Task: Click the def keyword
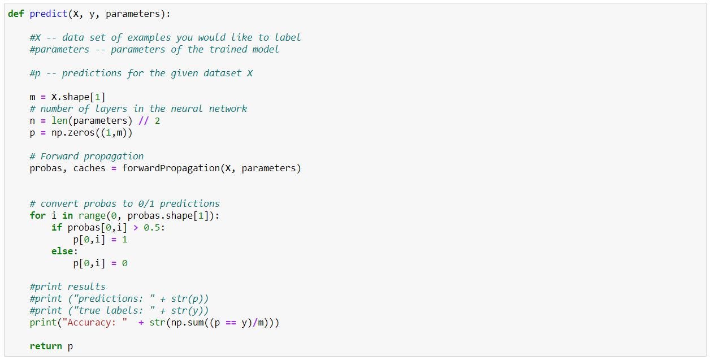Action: click(16, 14)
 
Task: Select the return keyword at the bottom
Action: click(46, 346)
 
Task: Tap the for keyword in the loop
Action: click(37, 215)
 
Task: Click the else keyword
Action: click(62, 251)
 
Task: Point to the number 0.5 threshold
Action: click(154, 227)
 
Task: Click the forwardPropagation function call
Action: click(173, 168)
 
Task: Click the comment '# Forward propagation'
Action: click(86, 156)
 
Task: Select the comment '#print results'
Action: click(67, 287)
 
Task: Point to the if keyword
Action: click(57, 227)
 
